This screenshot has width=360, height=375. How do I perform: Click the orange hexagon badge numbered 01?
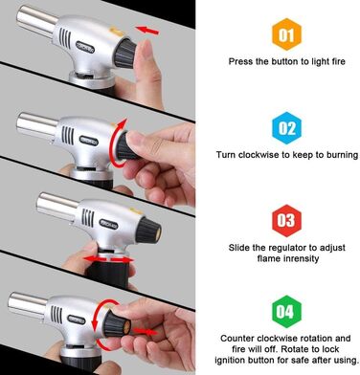(286, 34)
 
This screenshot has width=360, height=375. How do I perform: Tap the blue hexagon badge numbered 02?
(286, 128)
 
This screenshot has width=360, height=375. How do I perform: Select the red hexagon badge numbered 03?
(286, 220)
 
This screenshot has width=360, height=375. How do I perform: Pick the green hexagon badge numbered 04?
(286, 312)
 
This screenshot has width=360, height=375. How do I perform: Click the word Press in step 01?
(241, 61)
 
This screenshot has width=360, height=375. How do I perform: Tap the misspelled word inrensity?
(298, 258)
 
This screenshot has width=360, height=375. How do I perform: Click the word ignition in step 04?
(231, 361)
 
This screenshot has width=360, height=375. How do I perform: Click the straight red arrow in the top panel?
(147, 31)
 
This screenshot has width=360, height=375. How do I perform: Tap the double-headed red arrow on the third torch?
(108, 259)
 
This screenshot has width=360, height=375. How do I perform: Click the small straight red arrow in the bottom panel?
(146, 332)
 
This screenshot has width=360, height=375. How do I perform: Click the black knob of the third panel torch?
(148, 231)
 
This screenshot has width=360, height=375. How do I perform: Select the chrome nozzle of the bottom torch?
(28, 305)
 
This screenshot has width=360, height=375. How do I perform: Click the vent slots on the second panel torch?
(68, 135)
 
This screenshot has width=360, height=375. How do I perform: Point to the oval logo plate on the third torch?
(109, 224)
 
